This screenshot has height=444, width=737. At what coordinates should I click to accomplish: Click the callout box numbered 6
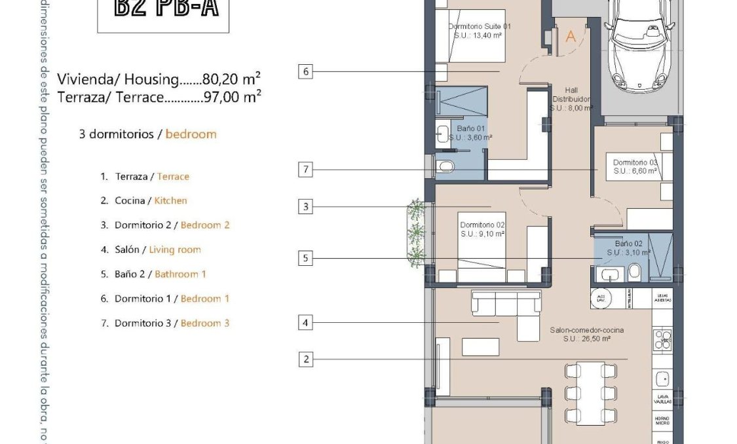(x=305, y=71)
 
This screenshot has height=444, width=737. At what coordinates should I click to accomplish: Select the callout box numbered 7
(x=305, y=170)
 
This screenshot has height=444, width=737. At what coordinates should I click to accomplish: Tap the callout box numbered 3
(x=305, y=207)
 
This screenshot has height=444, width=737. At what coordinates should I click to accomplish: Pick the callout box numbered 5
(x=305, y=259)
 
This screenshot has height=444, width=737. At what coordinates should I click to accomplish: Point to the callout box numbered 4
(x=305, y=322)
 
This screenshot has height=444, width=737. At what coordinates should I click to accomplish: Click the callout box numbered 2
(x=305, y=359)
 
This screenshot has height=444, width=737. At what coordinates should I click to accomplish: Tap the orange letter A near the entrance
(x=570, y=37)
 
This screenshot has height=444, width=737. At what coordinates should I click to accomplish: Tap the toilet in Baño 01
(x=446, y=166)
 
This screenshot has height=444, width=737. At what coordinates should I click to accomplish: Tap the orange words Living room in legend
(x=175, y=250)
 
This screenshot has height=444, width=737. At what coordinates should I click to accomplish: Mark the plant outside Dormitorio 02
(x=416, y=232)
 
